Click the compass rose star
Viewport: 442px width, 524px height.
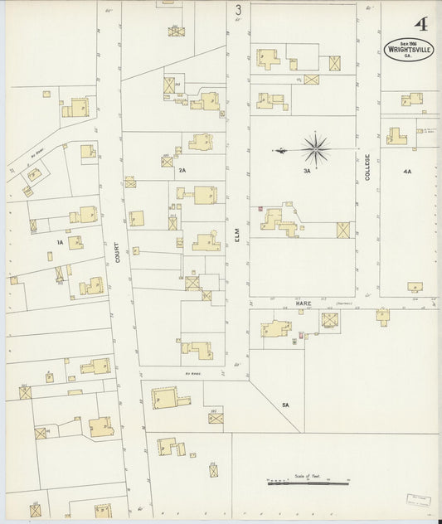(x=316, y=149)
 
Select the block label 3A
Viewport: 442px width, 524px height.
(x=306, y=171)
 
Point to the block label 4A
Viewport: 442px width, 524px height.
(x=406, y=171)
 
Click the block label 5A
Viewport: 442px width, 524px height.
(x=284, y=404)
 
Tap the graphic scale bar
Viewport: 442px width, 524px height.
(x=304, y=483)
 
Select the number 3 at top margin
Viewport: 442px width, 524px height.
(x=238, y=10)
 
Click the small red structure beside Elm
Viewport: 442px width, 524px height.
(x=261, y=210)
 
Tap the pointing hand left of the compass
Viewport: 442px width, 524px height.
(x=281, y=150)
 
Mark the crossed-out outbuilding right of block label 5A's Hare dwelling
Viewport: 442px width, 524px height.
(x=330, y=320)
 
